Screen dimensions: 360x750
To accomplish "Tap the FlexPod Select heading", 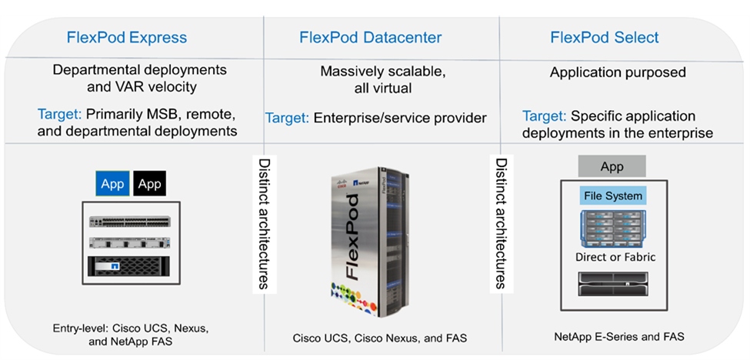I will click(x=604, y=38).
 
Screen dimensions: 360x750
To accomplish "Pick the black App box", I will click(x=149, y=184).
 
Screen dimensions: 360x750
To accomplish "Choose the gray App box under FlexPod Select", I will click(x=612, y=166).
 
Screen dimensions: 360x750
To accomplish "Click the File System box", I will click(x=612, y=195).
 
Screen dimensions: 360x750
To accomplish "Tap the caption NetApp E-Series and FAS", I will click(x=619, y=336).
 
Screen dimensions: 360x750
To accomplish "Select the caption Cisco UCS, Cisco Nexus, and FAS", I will click(x=379, y=338).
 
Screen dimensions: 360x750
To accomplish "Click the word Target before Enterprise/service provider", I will click(x=286, y=118).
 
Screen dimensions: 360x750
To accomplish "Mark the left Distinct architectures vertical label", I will click(x=263, y=224).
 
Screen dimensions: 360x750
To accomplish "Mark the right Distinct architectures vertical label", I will click(x=501, y=224).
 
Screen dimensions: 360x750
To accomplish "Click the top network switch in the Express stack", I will click(x=129, y=221).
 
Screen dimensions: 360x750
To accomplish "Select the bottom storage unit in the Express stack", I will click(x=129, y=266).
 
